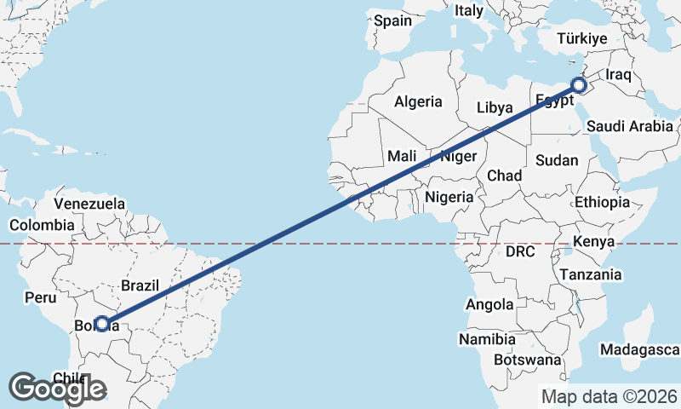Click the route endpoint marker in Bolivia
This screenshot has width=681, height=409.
[x=102, y=324]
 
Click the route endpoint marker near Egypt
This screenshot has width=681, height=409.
[x=579, y=85]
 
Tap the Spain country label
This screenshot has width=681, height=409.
[x=392, y=20]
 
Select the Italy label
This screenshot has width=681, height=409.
[x=468, y=11]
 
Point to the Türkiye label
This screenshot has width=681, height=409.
[x=581, y=38]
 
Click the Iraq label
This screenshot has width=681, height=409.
[x=619, y=75]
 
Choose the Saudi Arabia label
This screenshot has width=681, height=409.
[x=630, y=126]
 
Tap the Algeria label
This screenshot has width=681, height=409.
[x=418, y=101]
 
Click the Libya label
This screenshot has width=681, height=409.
[x=495, y=108]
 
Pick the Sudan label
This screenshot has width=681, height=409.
[x=557, y=160]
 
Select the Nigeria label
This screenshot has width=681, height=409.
[x=449, y=197]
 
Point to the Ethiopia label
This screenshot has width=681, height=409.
[x=602, y=202]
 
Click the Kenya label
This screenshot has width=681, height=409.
[x=593, y=242]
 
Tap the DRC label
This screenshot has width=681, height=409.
[x=519, y=252]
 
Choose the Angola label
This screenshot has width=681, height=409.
[x=489, y=304]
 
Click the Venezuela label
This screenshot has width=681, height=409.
[x=89, y=204]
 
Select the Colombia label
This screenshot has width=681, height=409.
[x=42, y=225]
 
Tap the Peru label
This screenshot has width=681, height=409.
[x=40, y=297]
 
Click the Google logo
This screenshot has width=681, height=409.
[x=58, y=389]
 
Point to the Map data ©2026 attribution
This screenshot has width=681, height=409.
[x=609, y=396]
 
